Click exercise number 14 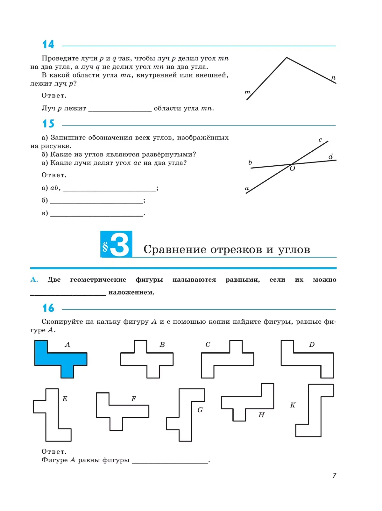pyautogui.click(x=48, y=44)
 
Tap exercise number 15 pyautogui.click(x=48, y=124)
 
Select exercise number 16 pyautogui.click(x=48, y=308)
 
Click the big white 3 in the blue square pyautogui.click(x=120, y=245)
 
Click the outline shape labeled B pyautogui.click(x=147, y=359)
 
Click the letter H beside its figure pyautogui.click(x=261, y=415)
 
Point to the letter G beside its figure pyautogui.click(x=200, y=410)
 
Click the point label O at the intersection pyautogui.click(x=292, y=169)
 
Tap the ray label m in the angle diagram pyautogui.click(x=247, y=92)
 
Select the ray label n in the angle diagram pyautogui.click(x=333, y=78)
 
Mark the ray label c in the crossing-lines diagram pyautogui.click(x=320, y=140)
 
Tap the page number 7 pyautogui.click(x=334, y=476)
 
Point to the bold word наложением pyautogui.click(x=131, y=292)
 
